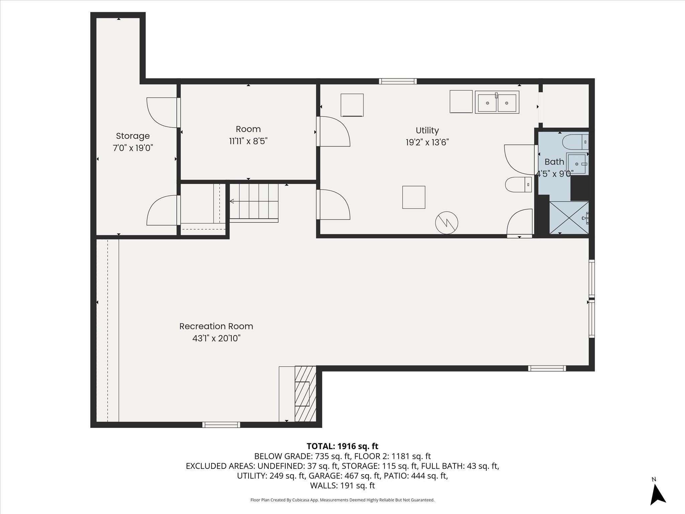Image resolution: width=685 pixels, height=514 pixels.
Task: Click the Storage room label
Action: pos(133,136)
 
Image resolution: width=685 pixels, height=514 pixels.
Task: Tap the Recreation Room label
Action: pos(216,326)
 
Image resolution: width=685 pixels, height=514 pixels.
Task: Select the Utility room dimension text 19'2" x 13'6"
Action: pos(427,142)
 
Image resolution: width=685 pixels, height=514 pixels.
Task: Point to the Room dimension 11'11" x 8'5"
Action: pos(248,141)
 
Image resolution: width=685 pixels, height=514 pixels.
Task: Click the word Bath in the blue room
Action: pos(554,162)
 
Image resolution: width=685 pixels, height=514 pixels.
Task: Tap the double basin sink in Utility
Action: pos(497,102)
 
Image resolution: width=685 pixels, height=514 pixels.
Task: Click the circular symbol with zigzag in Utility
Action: pos(447,223)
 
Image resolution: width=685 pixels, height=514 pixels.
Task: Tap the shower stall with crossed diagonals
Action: pos(569,217)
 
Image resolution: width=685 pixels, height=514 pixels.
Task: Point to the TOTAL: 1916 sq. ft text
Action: pos(342,446)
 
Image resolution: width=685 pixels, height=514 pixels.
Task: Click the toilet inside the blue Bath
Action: pos(575,142)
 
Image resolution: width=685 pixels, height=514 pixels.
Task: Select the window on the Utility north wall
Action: pos(398,81)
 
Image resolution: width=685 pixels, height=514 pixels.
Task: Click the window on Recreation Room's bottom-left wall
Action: pos(221,425)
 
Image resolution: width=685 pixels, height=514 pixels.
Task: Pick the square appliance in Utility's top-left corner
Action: pos(352,105)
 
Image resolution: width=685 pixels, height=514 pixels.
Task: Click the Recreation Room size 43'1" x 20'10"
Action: pos(216,338)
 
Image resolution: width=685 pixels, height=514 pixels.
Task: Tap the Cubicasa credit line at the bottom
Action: pos(342,500)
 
